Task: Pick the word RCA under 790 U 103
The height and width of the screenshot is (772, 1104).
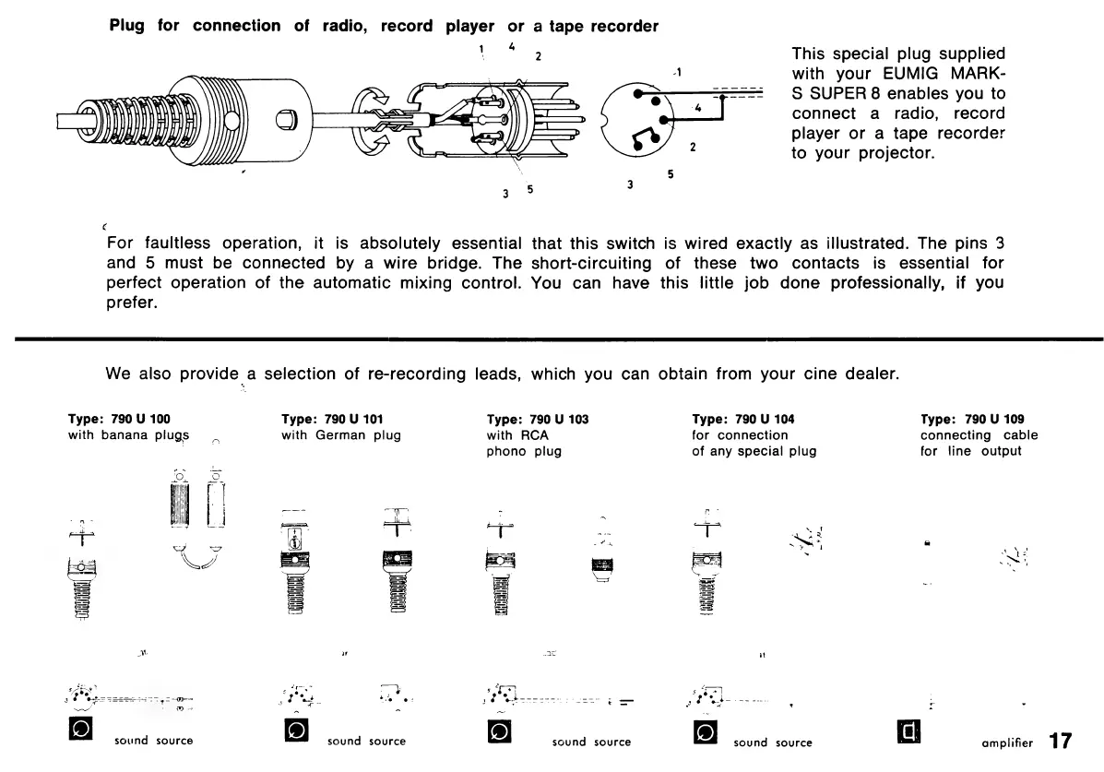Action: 502,435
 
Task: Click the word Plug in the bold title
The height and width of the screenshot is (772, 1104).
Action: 128,26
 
